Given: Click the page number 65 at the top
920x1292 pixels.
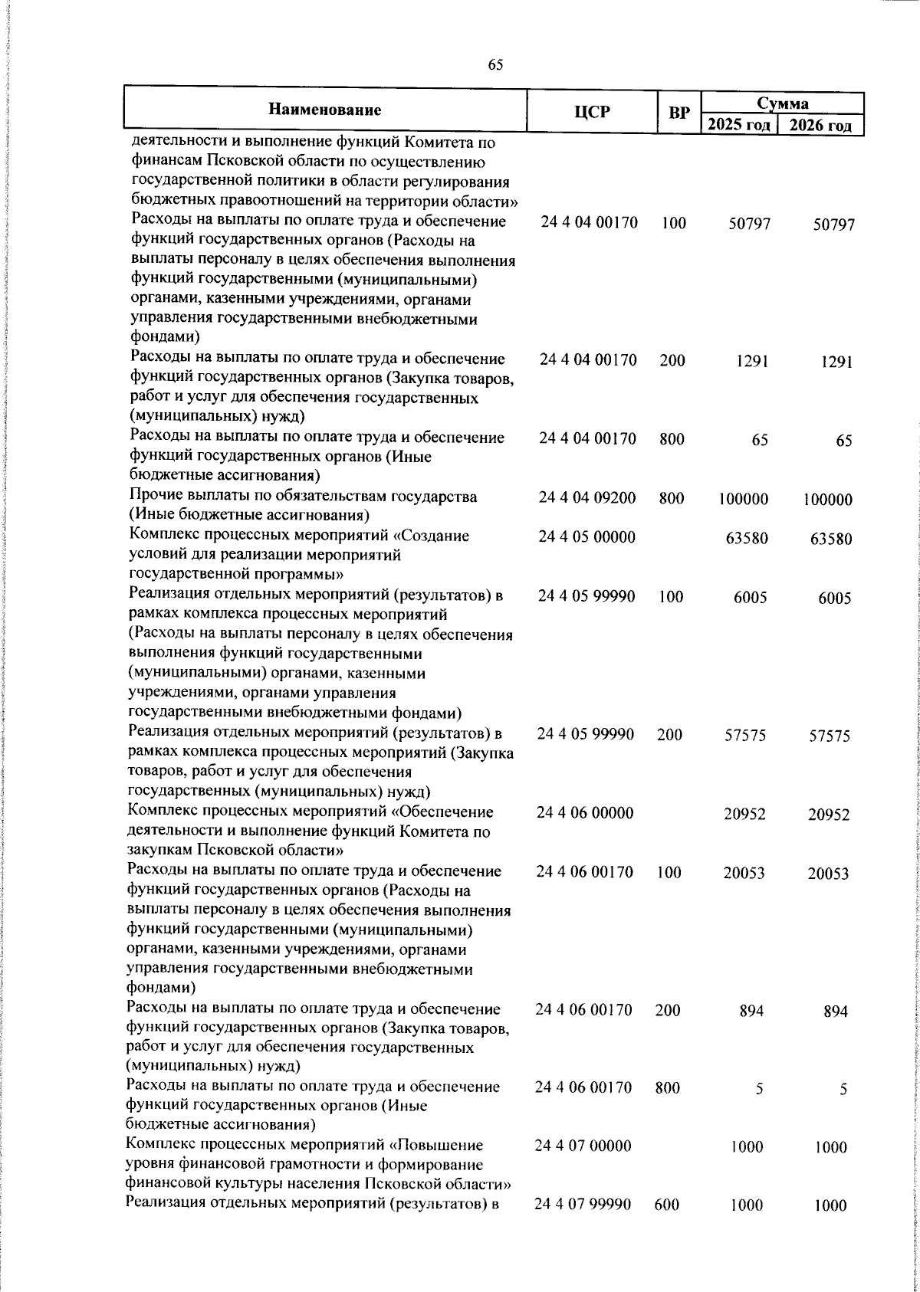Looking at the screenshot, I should point(495,66).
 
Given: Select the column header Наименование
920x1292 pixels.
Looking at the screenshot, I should point(325,110).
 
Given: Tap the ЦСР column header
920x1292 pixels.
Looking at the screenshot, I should point(593,112).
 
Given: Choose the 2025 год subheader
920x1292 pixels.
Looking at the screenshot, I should point(738,125).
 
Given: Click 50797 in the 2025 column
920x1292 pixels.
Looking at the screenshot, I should point(749,224).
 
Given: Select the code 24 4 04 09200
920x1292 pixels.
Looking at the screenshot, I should point(587,498).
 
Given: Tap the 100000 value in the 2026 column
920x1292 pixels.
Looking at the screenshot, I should point(827,500).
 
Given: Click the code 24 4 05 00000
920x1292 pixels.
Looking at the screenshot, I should point(587,537).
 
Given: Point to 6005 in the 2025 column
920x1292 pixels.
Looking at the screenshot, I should point(749,598).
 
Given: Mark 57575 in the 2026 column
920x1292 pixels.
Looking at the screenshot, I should point(830,736).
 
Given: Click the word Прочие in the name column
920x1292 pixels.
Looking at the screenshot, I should point(156,497).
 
